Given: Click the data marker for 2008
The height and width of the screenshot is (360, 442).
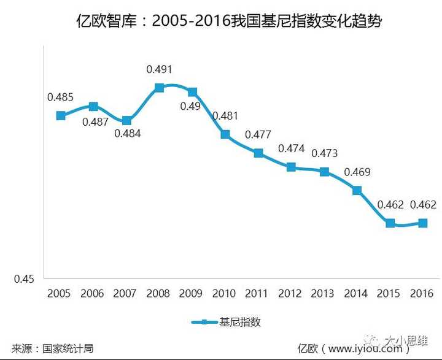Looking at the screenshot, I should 159,88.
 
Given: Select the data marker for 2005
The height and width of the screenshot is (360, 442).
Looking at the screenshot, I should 60,115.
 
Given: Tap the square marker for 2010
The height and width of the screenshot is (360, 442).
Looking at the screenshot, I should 225,134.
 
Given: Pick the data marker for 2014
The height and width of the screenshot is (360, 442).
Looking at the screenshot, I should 357,191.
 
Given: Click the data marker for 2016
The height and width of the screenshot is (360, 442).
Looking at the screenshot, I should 422,223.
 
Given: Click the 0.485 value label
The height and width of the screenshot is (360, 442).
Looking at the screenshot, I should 60,97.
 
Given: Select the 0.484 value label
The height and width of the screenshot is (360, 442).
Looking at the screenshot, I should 128,133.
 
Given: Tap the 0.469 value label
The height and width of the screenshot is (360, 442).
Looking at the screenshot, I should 357,172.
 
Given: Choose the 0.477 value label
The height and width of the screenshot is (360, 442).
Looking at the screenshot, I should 258,135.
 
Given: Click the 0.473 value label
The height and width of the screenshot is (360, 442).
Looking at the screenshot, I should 324,153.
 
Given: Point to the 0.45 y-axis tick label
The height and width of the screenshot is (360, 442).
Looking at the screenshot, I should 24,279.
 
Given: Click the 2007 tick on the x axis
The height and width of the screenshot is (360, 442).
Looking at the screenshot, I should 126,294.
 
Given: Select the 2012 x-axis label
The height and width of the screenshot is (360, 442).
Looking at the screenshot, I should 290,294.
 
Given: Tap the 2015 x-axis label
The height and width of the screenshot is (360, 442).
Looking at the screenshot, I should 389,294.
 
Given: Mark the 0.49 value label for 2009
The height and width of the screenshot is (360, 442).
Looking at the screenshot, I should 190,106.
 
